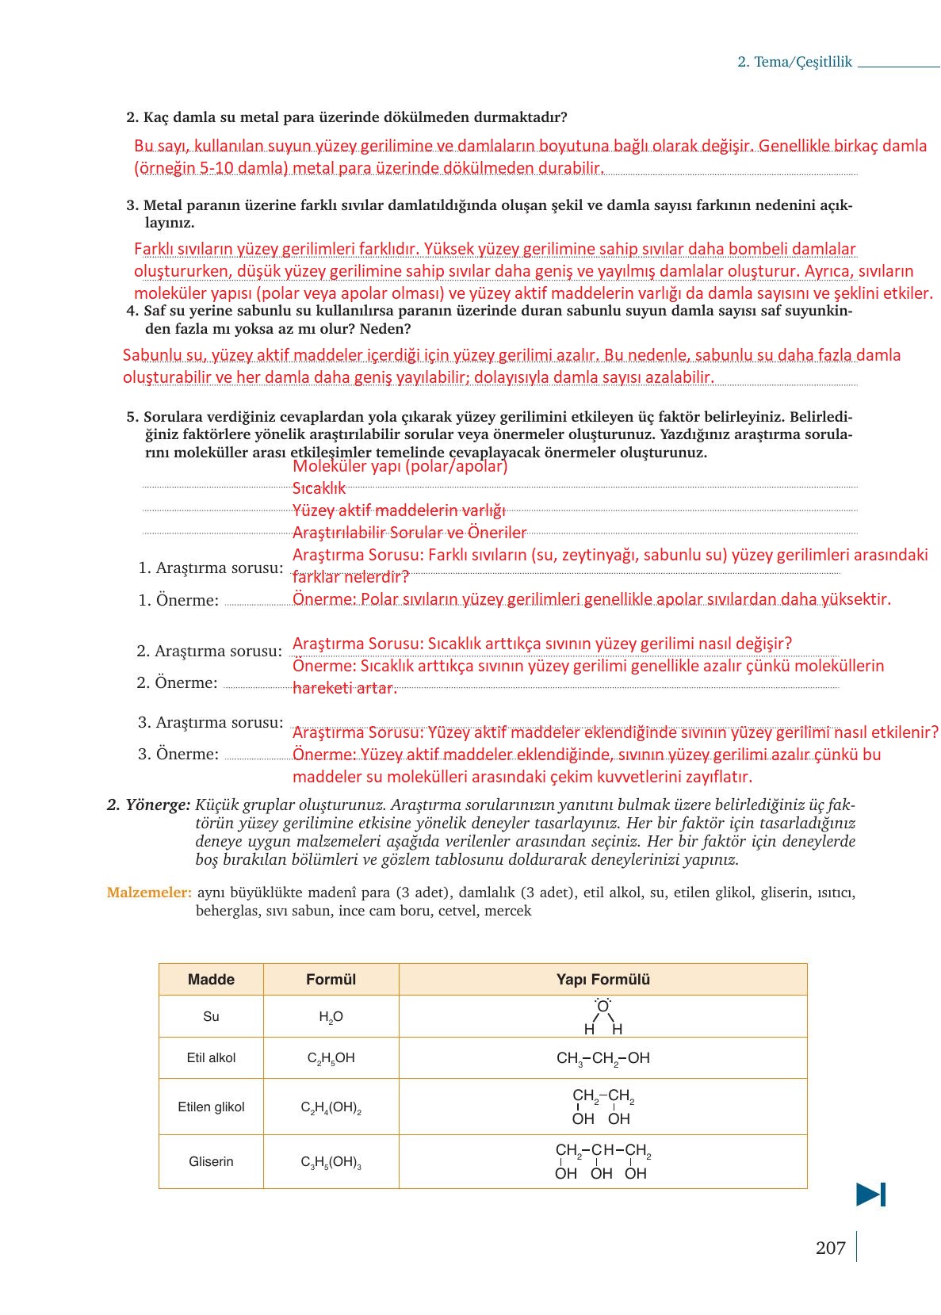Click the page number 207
[x=830, y=1248]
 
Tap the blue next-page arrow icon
[x=870, y=1194]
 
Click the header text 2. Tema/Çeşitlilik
[x=794, y=62]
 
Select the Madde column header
[x=211, y=979]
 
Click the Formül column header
[x=331, y=979]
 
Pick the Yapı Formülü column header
[x=602, y=979]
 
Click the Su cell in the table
[x=211, y=1016]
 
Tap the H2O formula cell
[x=331, y=1017]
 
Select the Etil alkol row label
[x=211, y=1057]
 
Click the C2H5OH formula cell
[x=331, y=1058]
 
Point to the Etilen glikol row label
[x=211, y=1107]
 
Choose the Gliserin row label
[x=211, y=1161]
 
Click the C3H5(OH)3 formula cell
[x=331, y=1162]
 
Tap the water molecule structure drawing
[x=603, y=1017]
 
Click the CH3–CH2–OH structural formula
[x=602, y=1058]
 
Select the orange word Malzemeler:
[x=149, y=893]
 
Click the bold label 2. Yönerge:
[x=148, y=805]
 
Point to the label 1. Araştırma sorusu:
[x=210, y=568]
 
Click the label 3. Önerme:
[x=178, y=754]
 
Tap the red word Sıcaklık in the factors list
[x=319, y=488]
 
